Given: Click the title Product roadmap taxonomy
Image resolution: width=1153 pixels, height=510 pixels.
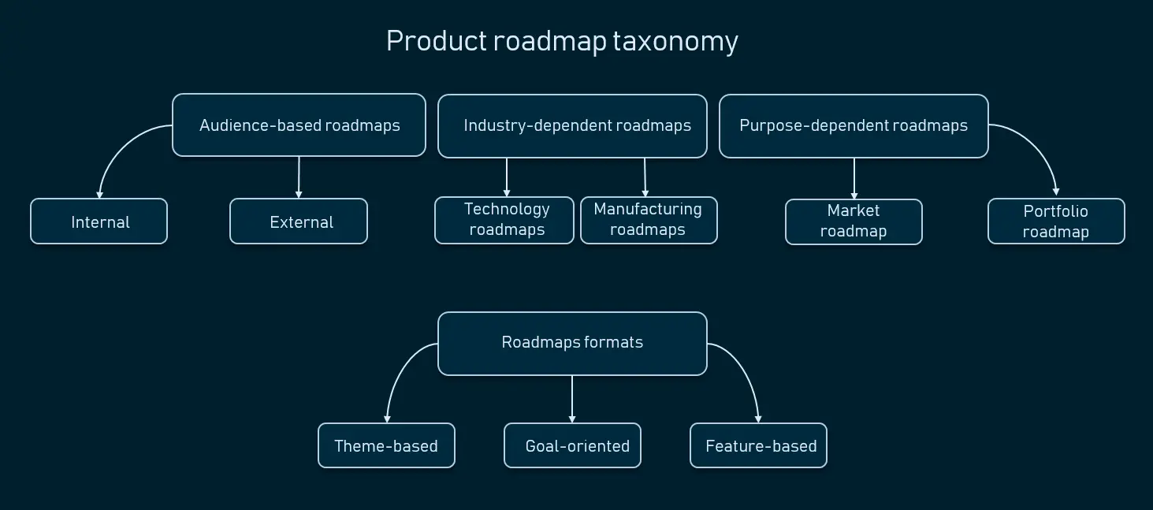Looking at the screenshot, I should [561, 41].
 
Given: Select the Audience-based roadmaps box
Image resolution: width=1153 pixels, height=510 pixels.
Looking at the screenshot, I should [299, 125].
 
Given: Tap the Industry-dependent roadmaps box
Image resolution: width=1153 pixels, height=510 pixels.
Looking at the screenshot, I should [572, 126].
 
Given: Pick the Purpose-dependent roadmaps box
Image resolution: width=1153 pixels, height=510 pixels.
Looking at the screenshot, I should [854, 126].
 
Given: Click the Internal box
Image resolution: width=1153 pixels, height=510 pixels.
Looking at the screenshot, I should [99, 221].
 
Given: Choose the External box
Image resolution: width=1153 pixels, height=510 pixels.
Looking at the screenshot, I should [299, 221].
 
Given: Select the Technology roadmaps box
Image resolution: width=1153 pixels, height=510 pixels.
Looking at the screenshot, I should [504, 220].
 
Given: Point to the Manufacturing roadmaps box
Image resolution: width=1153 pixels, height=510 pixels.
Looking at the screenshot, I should [649, 220].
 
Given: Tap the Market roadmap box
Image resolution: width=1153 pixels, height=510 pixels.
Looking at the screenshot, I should [854, 221].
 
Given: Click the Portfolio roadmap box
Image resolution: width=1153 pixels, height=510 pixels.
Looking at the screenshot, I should [1056, 221].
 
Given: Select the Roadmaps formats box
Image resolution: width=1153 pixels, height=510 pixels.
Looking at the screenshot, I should [572, 343].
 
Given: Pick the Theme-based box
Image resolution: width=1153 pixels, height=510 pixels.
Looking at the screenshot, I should [386, 446].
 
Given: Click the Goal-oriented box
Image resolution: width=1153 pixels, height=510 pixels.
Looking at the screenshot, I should [572, 446].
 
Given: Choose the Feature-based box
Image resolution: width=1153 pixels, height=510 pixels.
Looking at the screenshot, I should [758, 446].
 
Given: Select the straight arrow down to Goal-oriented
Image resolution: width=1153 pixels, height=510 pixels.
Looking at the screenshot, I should [572, 399].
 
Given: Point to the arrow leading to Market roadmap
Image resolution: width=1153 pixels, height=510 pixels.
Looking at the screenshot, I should [854, 178].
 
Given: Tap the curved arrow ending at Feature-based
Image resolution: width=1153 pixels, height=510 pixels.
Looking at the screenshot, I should [746, 370].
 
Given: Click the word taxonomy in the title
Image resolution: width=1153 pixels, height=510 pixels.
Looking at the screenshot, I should [675, 41].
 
